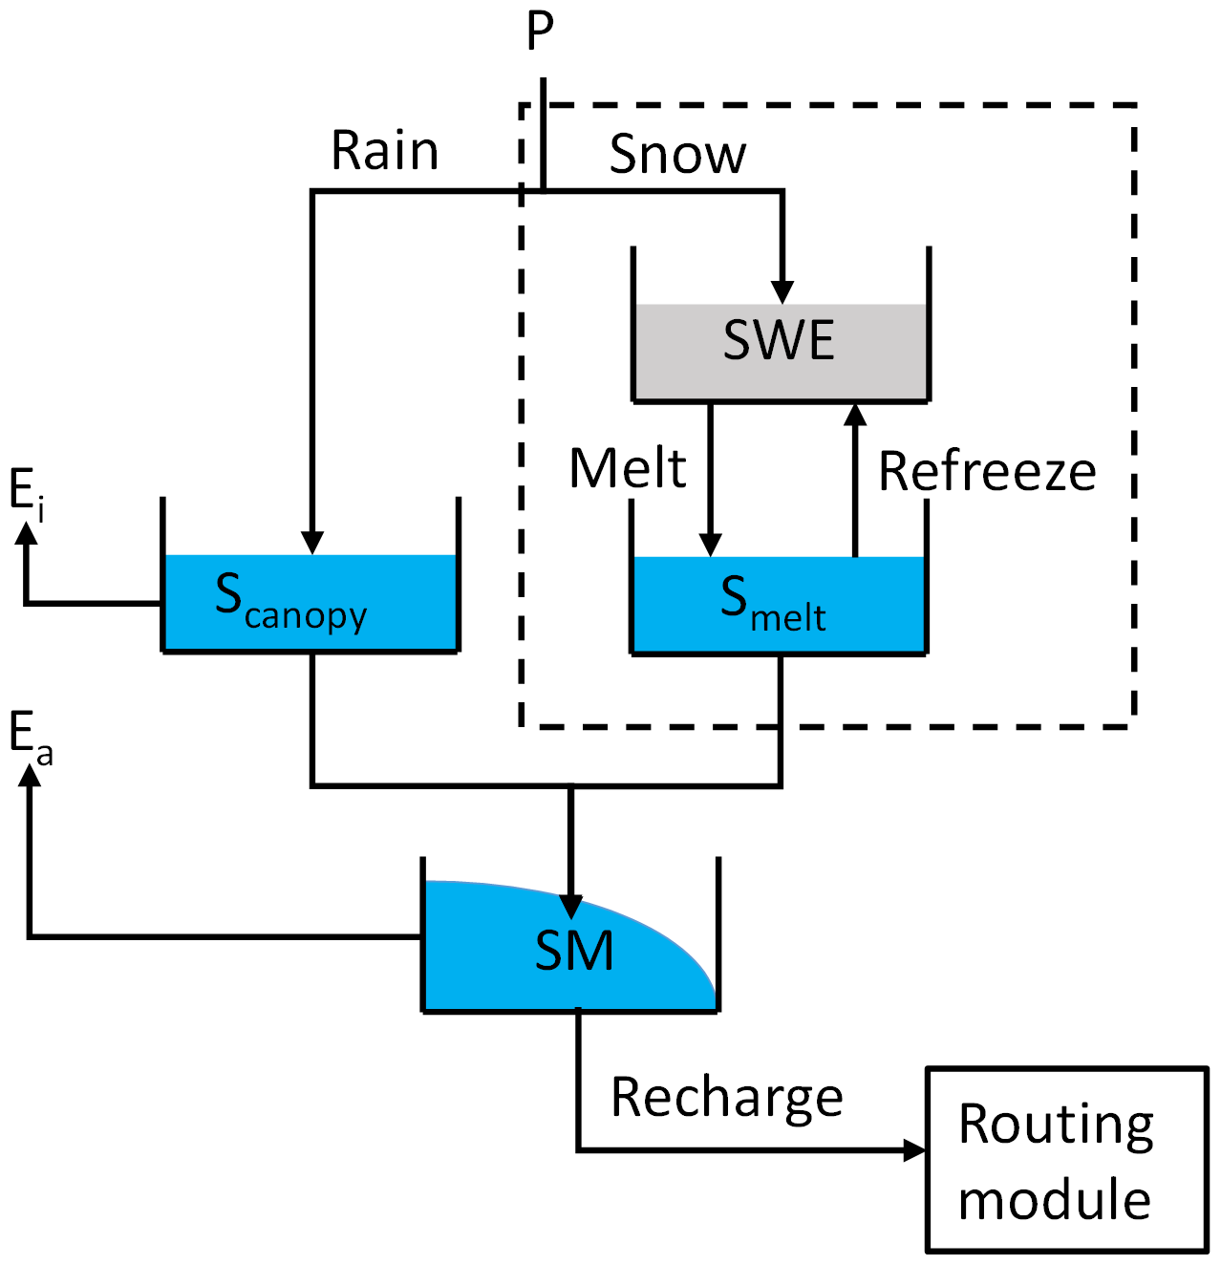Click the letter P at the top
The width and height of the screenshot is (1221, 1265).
540,32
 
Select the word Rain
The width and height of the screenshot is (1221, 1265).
385,151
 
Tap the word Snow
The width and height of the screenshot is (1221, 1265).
677,154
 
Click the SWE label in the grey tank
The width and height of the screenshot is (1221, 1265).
779,340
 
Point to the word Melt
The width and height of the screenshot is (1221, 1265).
628,468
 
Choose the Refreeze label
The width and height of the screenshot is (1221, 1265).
987,471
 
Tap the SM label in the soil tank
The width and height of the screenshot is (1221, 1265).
573,951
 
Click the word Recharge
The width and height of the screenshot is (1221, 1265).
727,1098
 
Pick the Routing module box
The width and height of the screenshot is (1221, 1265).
1066,1159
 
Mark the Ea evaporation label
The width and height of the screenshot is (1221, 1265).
31,739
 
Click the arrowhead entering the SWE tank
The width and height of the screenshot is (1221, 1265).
782,291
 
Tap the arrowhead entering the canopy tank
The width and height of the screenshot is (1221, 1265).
312,542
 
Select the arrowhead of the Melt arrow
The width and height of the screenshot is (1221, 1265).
710,544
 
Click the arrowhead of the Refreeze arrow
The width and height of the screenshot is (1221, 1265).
855,415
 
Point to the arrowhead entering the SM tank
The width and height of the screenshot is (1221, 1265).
571,906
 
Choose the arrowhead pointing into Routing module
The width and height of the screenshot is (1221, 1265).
914,1149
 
